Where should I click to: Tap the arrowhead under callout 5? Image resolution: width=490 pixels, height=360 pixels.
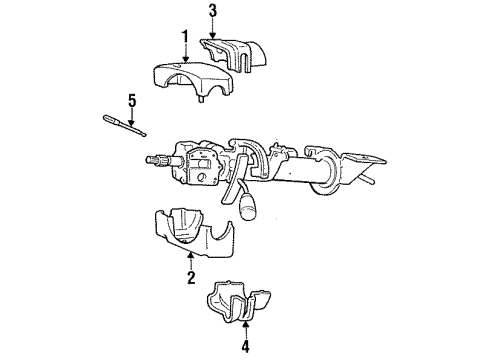131,117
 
